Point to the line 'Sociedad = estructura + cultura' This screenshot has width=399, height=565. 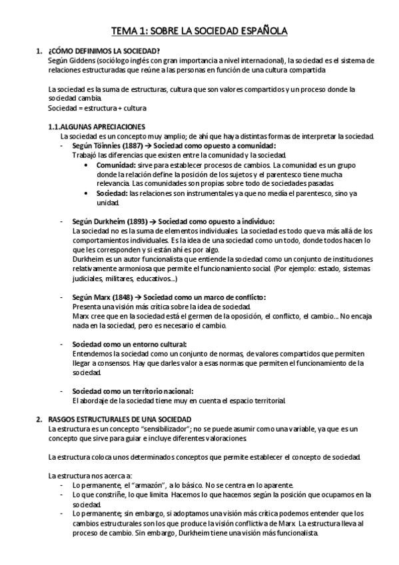[97, 107]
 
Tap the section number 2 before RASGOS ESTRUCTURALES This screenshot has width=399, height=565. [37, 419]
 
